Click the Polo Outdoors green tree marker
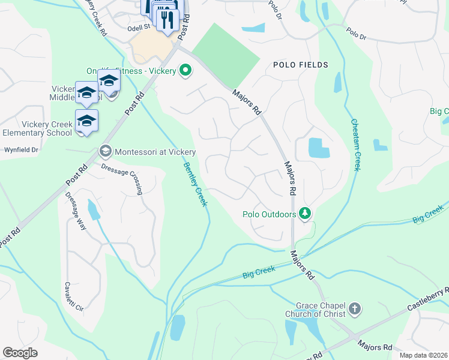tap(305, 214)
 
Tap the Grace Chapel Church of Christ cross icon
tap(355, 310)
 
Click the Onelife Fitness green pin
tap(185, 71)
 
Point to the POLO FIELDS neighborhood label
tap(300, 65)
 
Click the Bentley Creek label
tap(195, 184)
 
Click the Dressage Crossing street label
tap(122, 178)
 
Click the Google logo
tap(20, 353)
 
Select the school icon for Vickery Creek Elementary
tap(86, 121)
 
